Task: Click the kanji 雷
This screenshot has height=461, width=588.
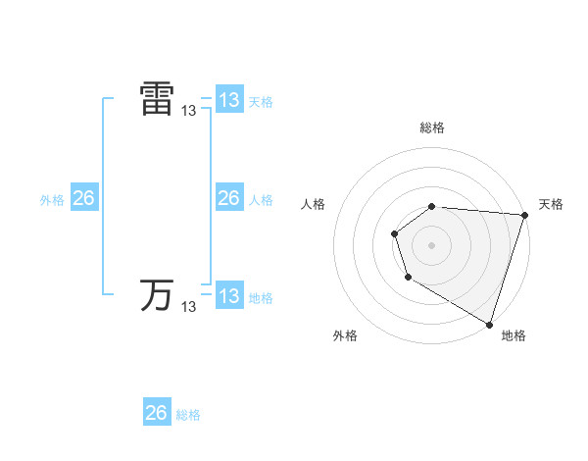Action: coord(157,100)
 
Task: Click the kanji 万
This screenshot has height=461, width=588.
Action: coord(157,294)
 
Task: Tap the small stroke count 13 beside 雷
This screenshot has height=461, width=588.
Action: coord(189,112)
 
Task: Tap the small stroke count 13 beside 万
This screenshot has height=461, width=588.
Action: coord(189,307)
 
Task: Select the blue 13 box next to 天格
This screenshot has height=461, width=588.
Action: coord(228,100)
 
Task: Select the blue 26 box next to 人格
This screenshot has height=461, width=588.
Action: coord(228,198)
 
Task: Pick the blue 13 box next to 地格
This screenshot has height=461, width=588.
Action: coord(228,296)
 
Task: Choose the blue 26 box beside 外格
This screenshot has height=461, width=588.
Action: coord(83,198)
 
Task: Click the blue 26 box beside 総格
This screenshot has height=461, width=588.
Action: coord(157,413)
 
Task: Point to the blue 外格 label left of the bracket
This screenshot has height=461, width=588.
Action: coord(52,200)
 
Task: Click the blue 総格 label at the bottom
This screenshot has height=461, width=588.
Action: coord(188,415)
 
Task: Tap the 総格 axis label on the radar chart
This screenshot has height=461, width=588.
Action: coord(431,128)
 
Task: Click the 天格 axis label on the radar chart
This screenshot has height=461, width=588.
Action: coord(551,204)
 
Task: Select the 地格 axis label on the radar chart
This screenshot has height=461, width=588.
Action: coord(514,335)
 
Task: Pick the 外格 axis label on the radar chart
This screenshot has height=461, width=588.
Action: coord(345,335)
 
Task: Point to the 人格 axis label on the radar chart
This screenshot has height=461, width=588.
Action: coord(313,204)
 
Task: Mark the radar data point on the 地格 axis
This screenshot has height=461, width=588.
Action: coord(488,324)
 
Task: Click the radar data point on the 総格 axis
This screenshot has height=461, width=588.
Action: coord(431,206)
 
